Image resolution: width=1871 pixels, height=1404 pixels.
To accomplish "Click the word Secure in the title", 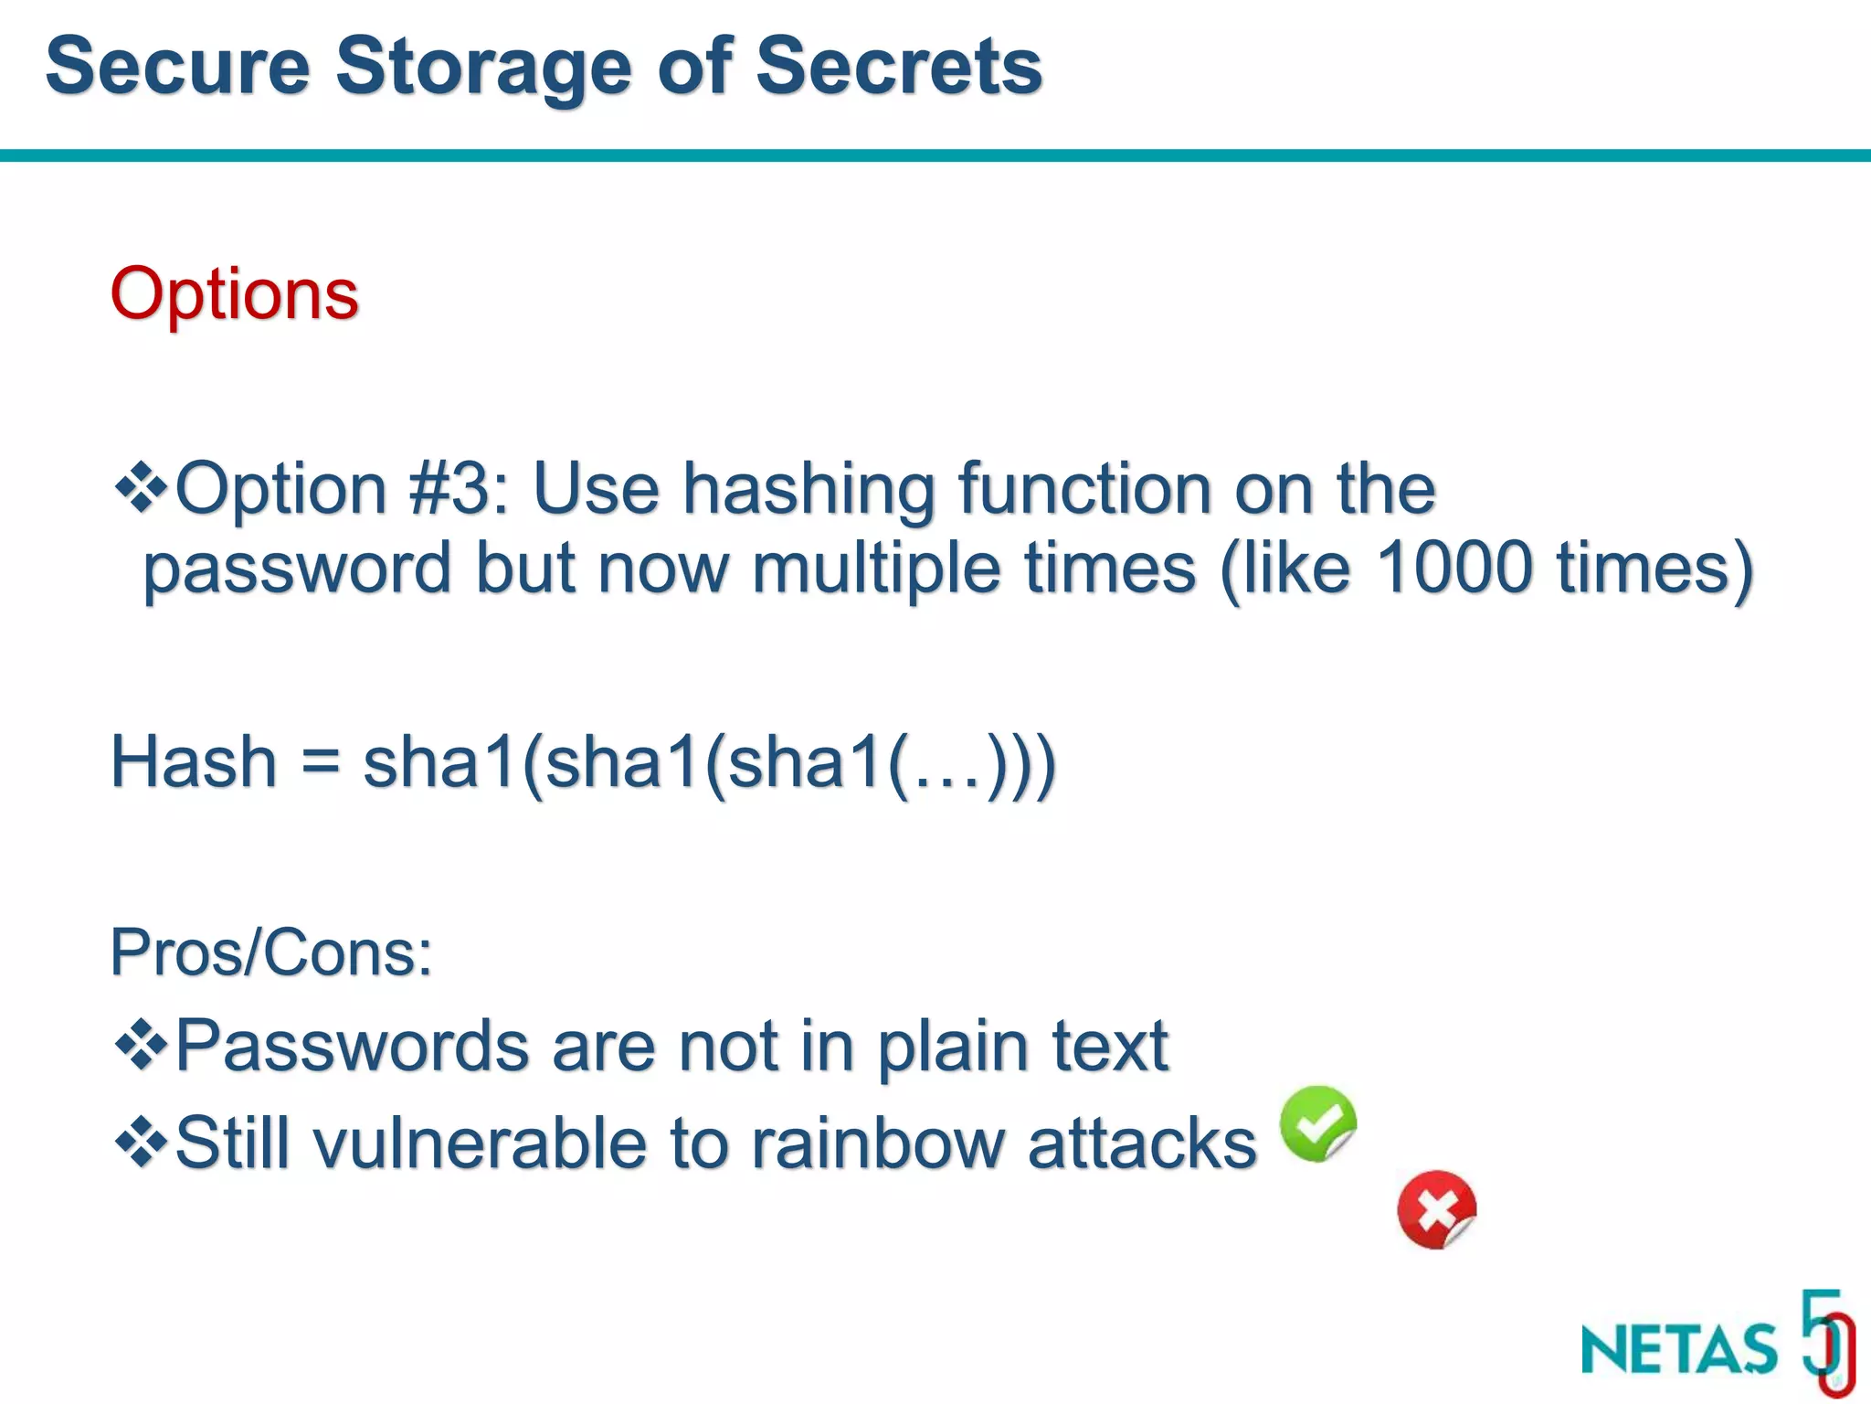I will click(x=178, y=66).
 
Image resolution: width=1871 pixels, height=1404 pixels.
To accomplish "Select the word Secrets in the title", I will click(x=899, y=66).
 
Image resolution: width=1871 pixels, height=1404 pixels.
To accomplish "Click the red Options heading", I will click(x=234, y=294).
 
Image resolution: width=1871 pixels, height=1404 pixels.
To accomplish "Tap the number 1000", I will click(x=1453, y=567).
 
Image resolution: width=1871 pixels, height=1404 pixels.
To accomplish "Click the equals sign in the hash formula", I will click(x=320, y=763).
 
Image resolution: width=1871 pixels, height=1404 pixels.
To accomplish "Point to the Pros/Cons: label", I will click(x=270, y=952).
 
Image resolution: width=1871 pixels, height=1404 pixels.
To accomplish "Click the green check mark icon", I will click(x=1317, y=1123).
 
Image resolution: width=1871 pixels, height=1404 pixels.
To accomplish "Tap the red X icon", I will click(x=1436, y=1209).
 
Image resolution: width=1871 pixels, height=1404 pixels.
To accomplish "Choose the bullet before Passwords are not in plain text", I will click(x=141, y=1044).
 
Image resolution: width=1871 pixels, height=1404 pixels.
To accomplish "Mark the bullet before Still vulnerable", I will click(x=141, y=1142).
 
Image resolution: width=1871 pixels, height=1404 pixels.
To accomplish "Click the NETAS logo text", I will click(x=1679, y=1349).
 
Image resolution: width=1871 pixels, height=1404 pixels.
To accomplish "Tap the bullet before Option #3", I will click(x=141, y=487).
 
